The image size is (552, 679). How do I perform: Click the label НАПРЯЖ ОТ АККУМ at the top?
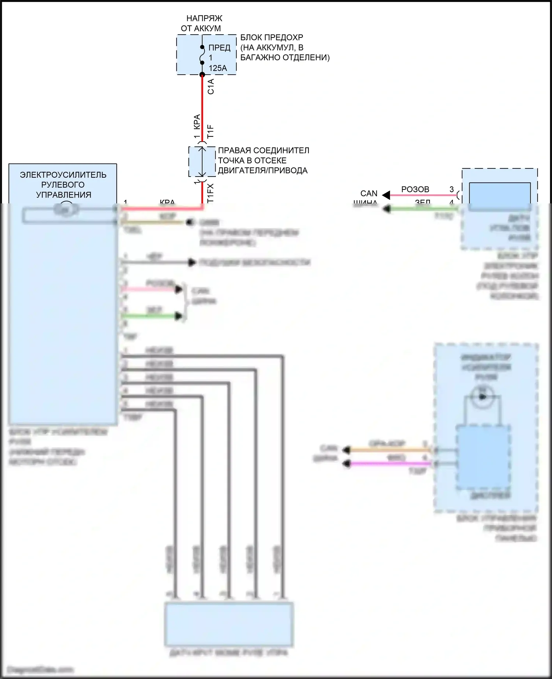click(x=202, y=23)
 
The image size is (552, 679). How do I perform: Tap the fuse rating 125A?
click(x=218, y=68)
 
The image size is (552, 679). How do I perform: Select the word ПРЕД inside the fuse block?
click(x=219, y=48)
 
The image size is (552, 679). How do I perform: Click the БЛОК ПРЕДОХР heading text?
click(x=272, y=38)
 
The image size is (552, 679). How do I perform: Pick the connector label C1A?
click(x=211, y=87)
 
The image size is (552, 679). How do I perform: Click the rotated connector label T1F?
click(x=210, y=131)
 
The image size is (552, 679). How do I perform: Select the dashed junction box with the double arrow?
click(x=202, y=162)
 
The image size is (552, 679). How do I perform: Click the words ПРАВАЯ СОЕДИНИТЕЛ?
click(x=263, y=150)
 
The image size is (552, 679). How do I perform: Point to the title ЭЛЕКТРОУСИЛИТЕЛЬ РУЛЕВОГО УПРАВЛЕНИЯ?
click(x=63, y=185)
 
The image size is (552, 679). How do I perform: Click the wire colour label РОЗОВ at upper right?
click(x=415, y=189)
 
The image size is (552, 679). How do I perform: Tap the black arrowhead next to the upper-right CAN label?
click(x=386, y=195)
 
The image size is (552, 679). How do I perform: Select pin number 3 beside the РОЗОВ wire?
click(x=452, y=189)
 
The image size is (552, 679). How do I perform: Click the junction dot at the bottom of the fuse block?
click(x=202, y=75)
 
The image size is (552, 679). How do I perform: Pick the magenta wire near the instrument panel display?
click(x=390, y=464)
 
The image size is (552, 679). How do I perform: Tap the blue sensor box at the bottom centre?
click(x=229, y=624)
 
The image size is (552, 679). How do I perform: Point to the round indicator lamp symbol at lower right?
click(x=482, y=397)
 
